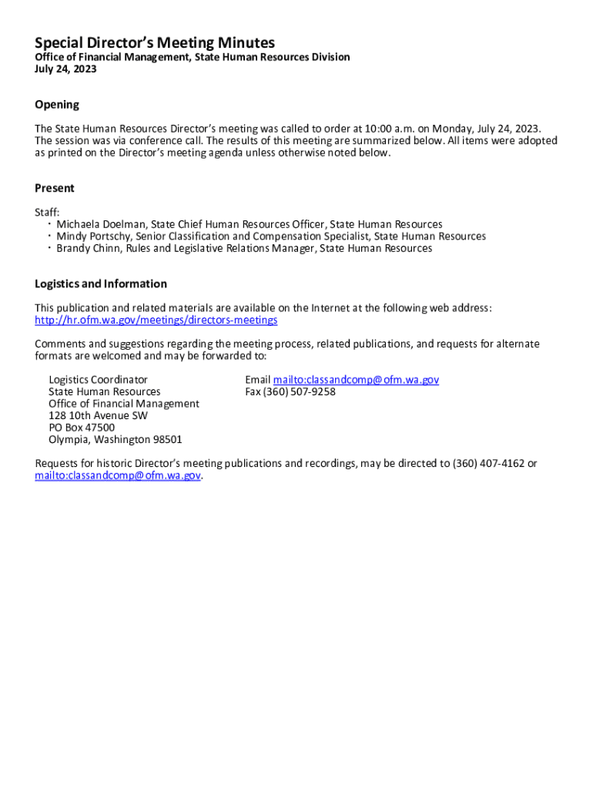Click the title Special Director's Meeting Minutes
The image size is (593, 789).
(154, 42)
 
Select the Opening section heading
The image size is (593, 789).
(57, 105)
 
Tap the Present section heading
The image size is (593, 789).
(55, 188)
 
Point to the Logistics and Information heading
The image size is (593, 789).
(101, 284)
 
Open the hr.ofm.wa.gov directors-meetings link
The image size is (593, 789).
(156, 320)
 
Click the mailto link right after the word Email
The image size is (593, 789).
(356, 380)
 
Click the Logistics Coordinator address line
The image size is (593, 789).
(98, 380)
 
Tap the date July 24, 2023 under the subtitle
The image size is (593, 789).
(65, 69)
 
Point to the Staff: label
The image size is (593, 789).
(47, 212)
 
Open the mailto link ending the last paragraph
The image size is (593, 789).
(118, 476)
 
